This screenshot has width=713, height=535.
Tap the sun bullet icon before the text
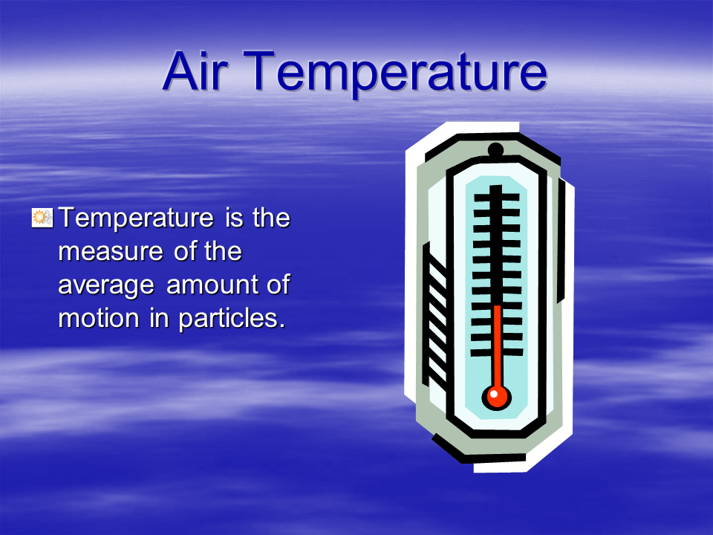click(41, 218)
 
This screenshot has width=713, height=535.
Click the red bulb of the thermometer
click(496, 396)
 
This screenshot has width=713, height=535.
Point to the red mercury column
click(497, 342)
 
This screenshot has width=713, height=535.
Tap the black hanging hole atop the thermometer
click(495, 150)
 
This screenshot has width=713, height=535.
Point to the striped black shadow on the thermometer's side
click(434, 320)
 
